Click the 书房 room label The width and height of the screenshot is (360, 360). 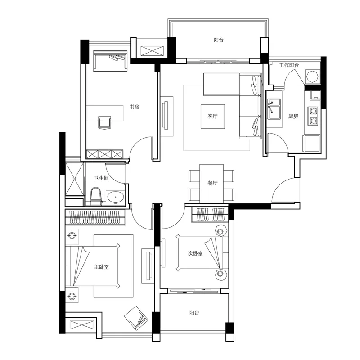pos(134,107)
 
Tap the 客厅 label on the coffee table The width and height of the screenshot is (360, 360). pos(212,116)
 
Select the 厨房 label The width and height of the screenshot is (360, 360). pos(293,116)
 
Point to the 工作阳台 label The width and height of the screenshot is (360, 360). pos(289,65)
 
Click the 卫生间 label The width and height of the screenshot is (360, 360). pos(101,178)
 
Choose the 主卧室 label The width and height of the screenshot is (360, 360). pos(101,267)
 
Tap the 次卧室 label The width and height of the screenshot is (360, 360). pos(195,253)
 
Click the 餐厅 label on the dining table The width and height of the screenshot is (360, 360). pos(212,183)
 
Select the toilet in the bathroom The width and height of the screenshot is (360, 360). pos(95,197)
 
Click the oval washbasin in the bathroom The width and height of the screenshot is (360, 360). pos(116,197)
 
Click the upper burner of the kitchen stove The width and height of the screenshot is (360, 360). pos(313,111)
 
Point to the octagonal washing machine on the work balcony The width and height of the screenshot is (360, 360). pos(312,76)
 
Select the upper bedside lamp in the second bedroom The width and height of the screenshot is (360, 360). pos(221,230)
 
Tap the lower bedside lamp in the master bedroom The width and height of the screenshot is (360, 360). pos(72,296)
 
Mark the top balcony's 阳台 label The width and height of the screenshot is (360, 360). pos(219,40)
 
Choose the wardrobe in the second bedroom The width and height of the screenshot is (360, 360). pos(210,215)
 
